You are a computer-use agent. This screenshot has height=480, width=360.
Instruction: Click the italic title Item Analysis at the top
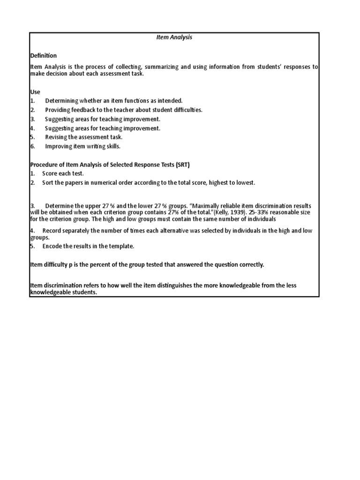click(x=174, y=38)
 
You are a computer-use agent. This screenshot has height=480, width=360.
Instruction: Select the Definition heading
click(x=44, y=56)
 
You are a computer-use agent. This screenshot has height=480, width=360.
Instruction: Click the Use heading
click(x=35, y=92)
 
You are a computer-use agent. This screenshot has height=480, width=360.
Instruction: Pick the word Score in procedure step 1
click(x=50, y=173)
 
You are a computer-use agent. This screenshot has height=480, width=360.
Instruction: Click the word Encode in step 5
click(x=52, y=246)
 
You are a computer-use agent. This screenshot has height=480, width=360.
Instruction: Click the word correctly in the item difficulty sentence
click(x=252, y=265)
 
